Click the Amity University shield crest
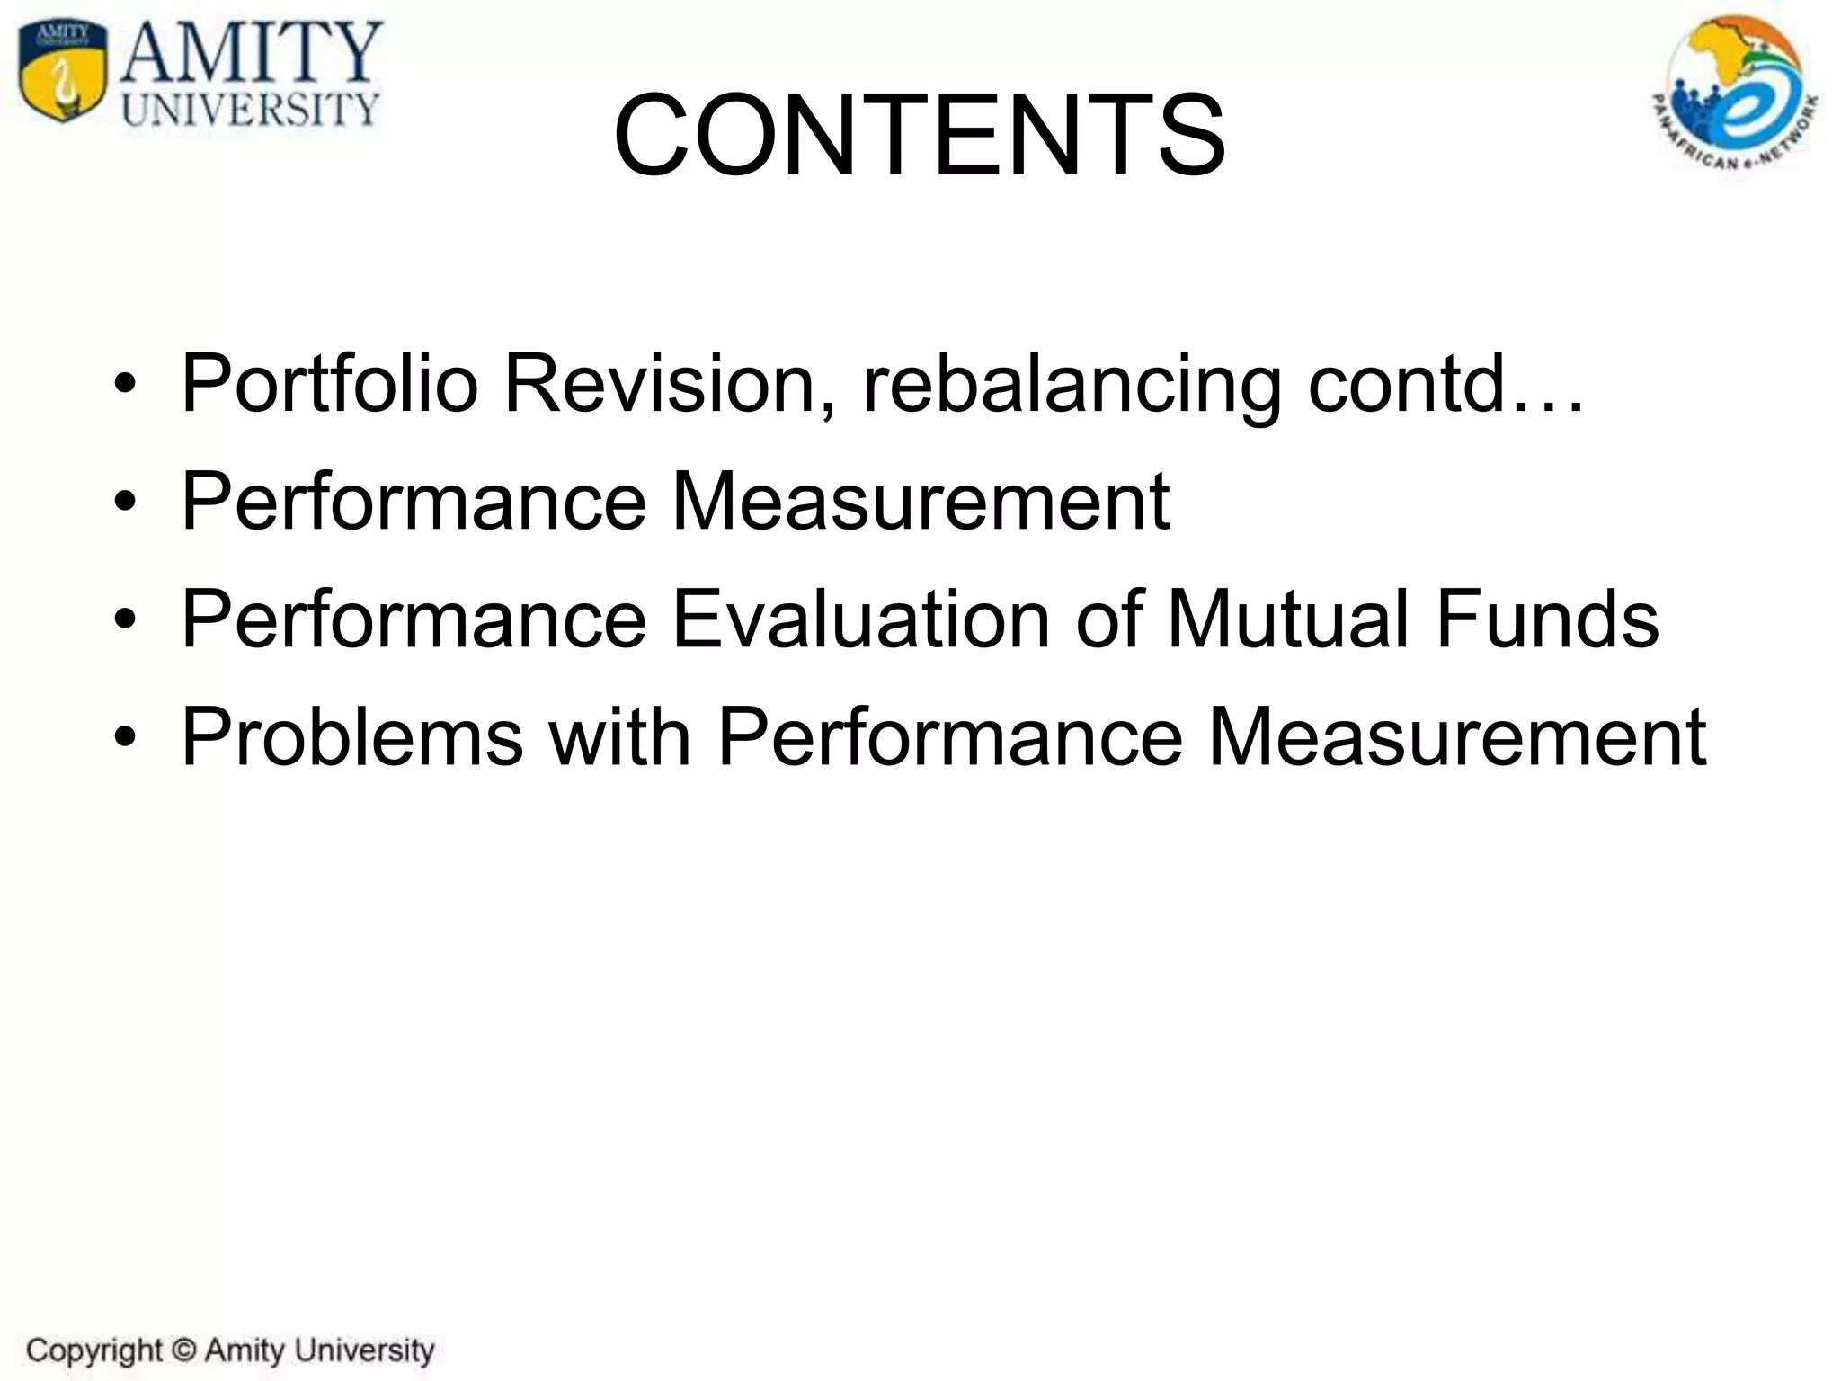point(61,72)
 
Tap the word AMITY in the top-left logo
point(253,53)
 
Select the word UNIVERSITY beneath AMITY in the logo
point(251,110)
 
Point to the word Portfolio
point(329,385)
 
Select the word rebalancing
point(1071,385)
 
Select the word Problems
point(351,737)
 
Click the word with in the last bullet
point(619,737)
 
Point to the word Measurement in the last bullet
point(1456,737)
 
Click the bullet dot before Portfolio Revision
point(125,386)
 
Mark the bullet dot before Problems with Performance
point(125,738)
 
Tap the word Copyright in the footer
point(94,1351)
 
